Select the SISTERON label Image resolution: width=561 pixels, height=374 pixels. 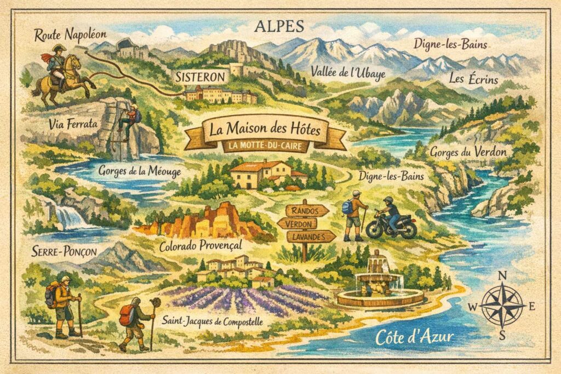coord(200,77)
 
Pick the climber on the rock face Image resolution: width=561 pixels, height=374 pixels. coord(130,121)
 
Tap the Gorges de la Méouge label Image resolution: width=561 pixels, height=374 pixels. coord(140,170)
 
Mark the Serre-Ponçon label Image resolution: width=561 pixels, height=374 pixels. coord(56,252)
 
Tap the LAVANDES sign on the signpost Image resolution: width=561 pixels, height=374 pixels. coord(311,236)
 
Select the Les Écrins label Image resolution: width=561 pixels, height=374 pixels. coord(473,79)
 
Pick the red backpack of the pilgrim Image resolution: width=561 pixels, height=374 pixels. coord(127,315)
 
